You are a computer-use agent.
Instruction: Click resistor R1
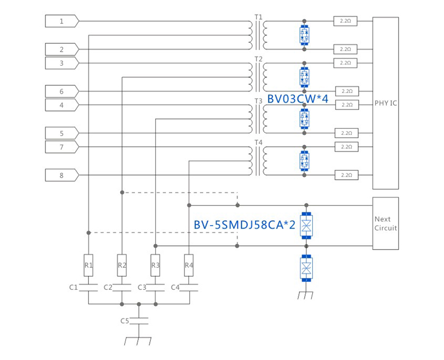(x=89, y=265)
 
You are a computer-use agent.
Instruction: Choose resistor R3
(x=155, y=265)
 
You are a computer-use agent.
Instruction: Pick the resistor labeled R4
(x=188, y=265)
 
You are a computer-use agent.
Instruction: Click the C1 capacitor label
(x=74, y=287)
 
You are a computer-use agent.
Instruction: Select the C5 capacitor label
(x=124, y=321)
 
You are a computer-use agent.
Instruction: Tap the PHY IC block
(x=385, y=103)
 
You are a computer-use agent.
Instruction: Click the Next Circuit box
(x=385, y=223)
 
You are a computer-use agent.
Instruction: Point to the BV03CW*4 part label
(x=297, y=99)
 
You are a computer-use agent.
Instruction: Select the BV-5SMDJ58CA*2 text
(x=244, y=225)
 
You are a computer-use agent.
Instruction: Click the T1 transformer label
(x=258, y=17)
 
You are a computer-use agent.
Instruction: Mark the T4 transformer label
(x=258, y=142)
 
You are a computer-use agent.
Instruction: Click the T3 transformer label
(x=258, y=100)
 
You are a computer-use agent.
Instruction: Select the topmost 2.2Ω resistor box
(x=345, y=21)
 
